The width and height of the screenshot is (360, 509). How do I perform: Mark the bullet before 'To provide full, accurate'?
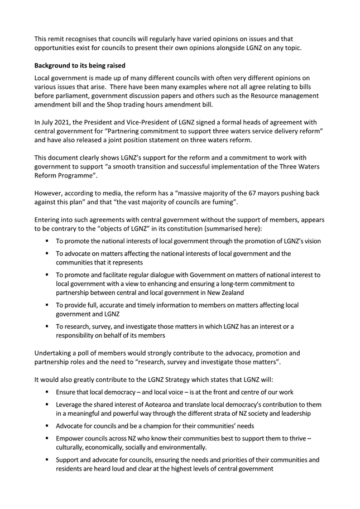pyautogui.click(x=48, y=305)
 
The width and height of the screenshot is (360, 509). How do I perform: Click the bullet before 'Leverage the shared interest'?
pyautogui.click(x=48, y=405)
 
